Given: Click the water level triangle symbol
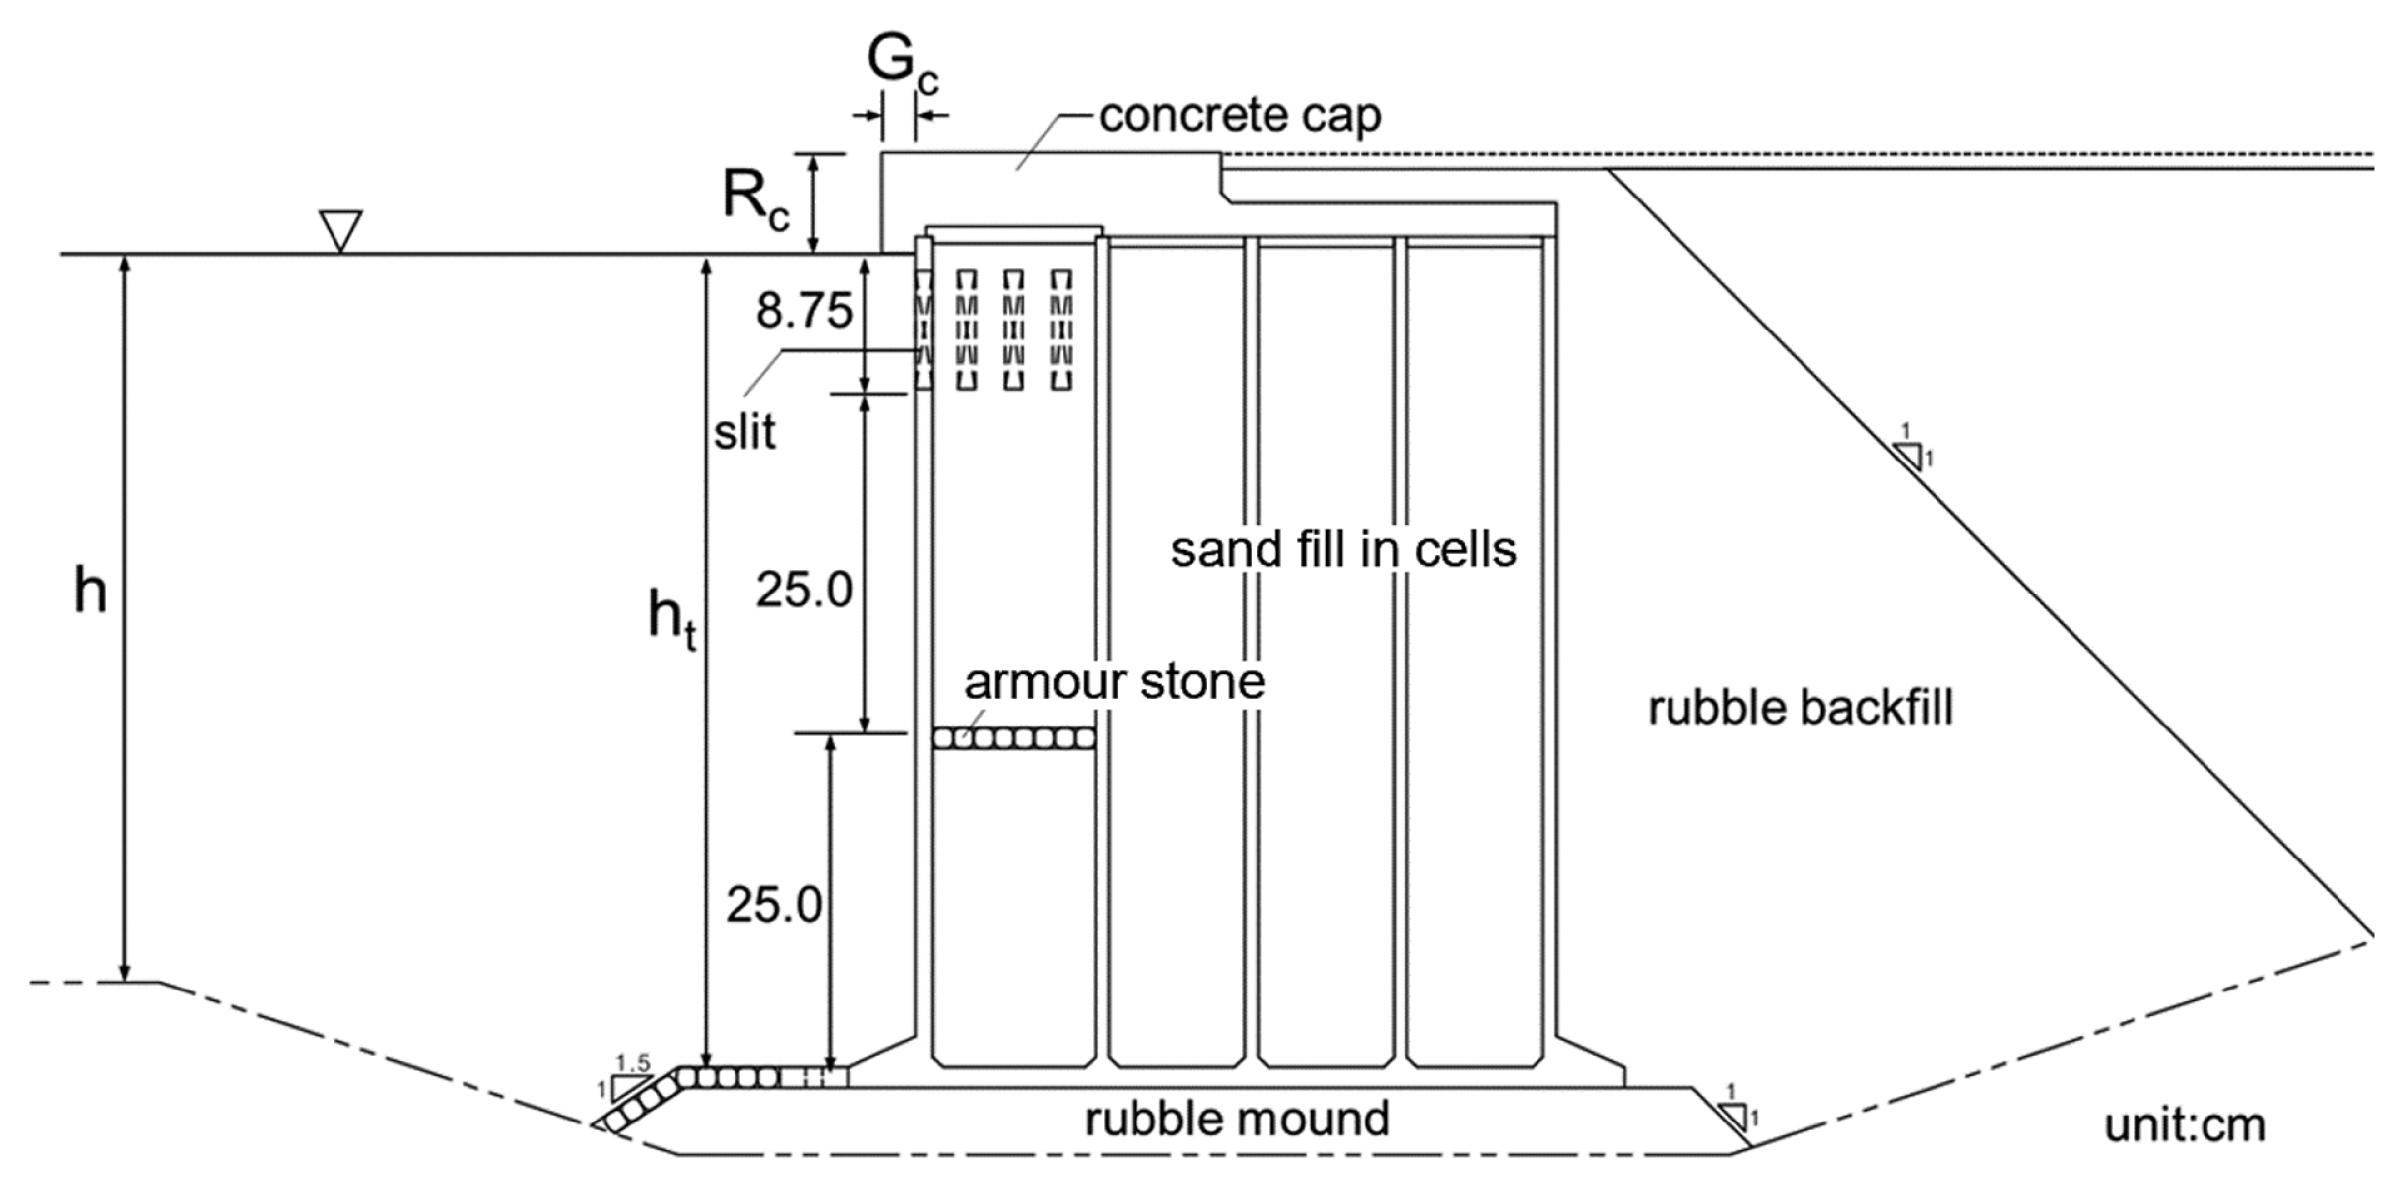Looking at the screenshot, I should point(339,231).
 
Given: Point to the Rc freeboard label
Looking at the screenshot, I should point(755,198).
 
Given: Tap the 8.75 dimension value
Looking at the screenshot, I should point(804,311).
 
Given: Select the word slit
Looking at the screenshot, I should point(744,432).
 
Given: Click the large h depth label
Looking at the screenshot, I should point(90,593).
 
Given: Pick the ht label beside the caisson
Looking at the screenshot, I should point(672,617).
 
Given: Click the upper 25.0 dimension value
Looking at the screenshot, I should point(804,591).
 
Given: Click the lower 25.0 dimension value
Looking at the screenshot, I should point(773,905).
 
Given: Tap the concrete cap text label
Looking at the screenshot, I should point(1239,116).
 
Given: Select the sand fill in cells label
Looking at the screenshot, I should point(1343,549).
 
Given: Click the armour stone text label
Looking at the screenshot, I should point(1114,682).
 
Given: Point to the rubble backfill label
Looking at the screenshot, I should point(1800,709).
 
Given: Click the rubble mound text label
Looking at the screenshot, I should point(1236,1119).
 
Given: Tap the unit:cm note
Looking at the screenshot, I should point(2185,1125).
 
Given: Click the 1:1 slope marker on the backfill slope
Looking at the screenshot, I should point(1909,455).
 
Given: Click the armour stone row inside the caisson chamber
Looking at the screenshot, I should point(1013,738).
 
